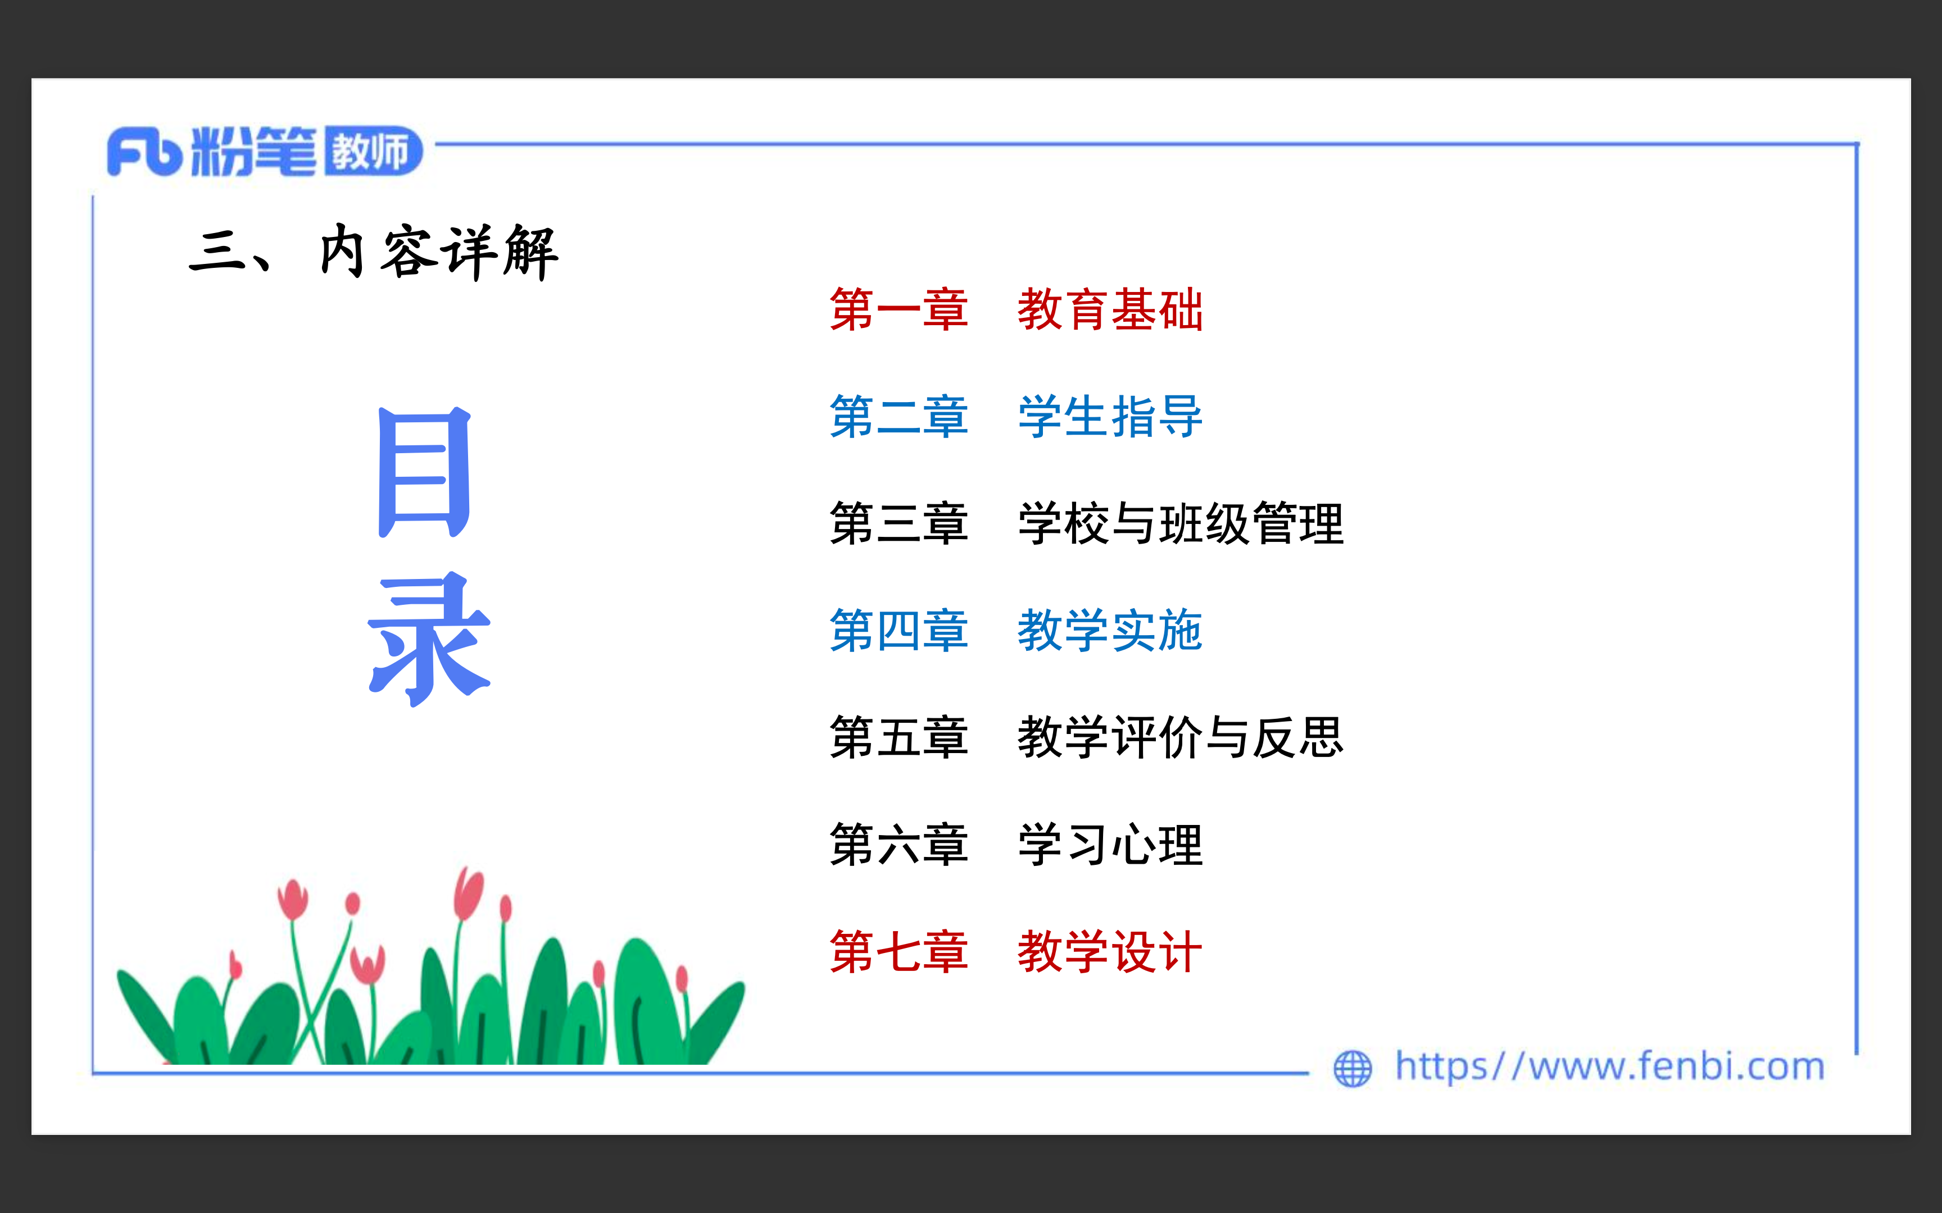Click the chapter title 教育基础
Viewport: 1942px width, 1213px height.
point(1110,309)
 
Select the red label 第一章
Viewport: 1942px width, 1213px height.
point(899,309)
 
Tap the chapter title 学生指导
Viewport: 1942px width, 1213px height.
point(1110,416)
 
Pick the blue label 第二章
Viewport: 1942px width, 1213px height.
point(899,416)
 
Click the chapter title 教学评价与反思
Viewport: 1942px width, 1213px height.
point(1181,737)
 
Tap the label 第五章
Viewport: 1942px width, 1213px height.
point(899,737)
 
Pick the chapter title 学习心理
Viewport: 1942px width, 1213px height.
point(1110,844)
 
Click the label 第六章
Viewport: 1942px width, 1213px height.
point(899,844)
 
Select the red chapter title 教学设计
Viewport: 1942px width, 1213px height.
point(1110,951)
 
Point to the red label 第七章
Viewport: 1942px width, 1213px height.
point(899,951)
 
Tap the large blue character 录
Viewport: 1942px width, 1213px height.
point(429,640)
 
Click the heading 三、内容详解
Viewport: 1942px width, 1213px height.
point(373,252)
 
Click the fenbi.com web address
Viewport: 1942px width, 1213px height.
point(1610,1067)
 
